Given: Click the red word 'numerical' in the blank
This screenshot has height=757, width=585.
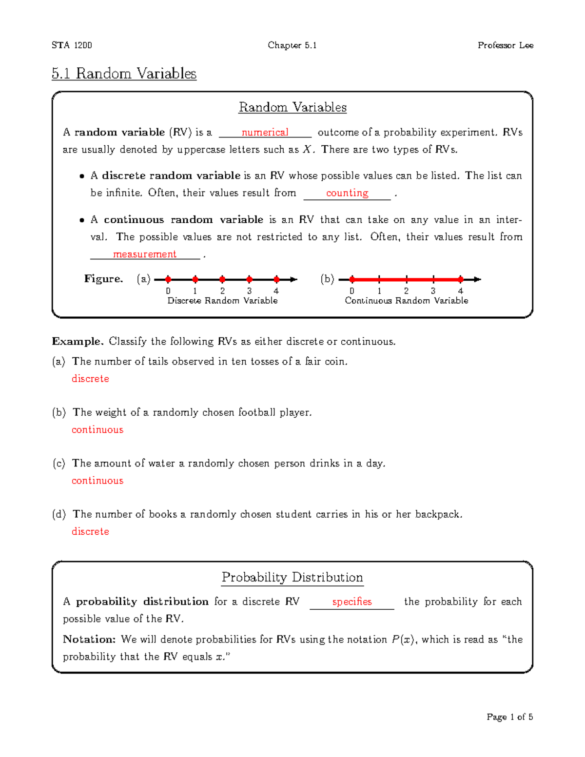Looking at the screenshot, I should pyautogui.click(x=265, y=133).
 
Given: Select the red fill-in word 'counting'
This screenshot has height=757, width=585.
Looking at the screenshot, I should pyautogui.click(x=347, y=193).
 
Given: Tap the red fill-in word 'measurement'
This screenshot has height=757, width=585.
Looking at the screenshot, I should pyautogui.click(x=144, y=254).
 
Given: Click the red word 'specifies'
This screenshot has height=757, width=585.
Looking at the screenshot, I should pyautogui.click(x=352, y=602).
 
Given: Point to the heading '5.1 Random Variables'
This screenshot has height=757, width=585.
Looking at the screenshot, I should pyautogui.click(x=124, y=74).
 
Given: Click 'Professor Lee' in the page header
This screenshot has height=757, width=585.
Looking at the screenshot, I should pyautogui.click(x=505, y=45).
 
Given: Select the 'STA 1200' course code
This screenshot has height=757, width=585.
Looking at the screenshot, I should pyautogui.click(x=72, y=45).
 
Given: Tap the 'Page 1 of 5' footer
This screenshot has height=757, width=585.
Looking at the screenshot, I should pyautogui.click(x=509, y=717).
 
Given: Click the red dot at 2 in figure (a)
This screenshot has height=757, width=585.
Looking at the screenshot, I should pyautogui.click(x=222, y=279).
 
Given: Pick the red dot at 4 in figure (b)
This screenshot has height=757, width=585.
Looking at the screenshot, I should pyautogui.click(x=460, y=279).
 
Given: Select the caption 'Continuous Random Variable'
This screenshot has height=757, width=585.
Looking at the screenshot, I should pyautogui.click(x=406, y=301).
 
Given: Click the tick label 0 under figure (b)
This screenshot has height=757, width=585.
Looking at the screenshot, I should pyautogui.click(x=352, y=291).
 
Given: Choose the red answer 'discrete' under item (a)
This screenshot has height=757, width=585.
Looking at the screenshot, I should pyautogui.click(x=90, y=379).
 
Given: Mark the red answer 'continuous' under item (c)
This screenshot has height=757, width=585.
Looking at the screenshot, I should pyautogui.click(x=97, y=481).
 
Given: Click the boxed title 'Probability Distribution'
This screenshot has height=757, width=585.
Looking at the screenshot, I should pyautogui.click(x=292, y=578).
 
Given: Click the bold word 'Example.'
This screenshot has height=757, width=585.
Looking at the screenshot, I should pyautogui.click(x=78, y=342).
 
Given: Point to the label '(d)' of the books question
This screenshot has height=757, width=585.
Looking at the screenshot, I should pyautogui.click(x=59, y=514).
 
